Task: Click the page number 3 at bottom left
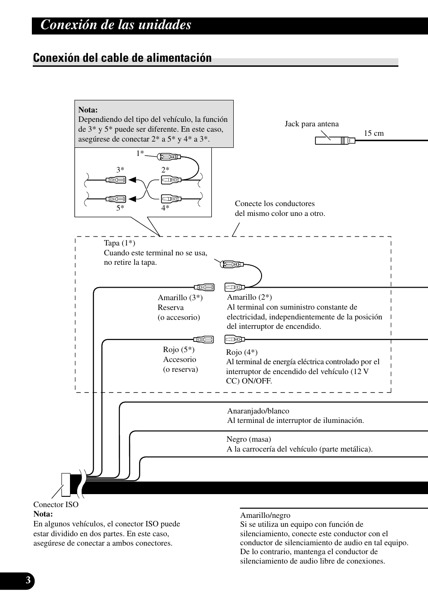point(28,581)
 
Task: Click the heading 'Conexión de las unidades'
point(116,25)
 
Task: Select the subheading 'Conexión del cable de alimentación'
point(122,58)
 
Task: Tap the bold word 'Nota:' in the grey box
point(88,110)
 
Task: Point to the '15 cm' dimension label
point(373,133)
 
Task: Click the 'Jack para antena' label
point(311,124)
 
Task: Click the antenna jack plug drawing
point(335,140)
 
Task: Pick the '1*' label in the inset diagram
point(140,153)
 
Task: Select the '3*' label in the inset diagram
point(120,170)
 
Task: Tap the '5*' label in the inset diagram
point(120,208)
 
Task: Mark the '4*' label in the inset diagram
point(165,208)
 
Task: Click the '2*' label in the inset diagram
point(165,170)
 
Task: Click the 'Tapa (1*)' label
point(119,243)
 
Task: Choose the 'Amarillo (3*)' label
point(180,298)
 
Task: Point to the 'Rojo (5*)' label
point(179,350)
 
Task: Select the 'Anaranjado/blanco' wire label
point(258,411)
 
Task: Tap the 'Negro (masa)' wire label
point(249,439)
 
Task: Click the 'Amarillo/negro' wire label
point(265,516)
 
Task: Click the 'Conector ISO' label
point(56,505)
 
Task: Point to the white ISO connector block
point(66,484)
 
